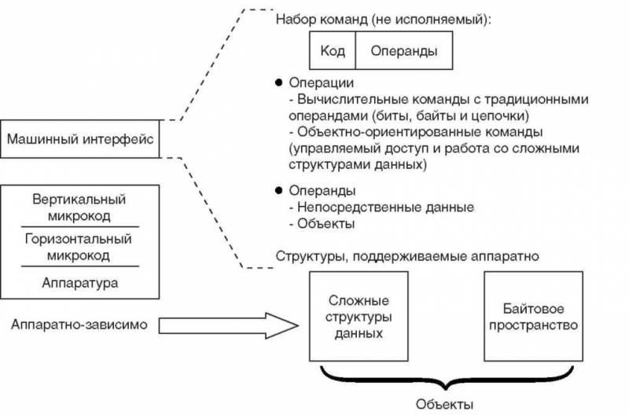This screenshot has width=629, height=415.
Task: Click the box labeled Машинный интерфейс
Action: [79, 139]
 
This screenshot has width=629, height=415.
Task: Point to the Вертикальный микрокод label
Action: [79, 207]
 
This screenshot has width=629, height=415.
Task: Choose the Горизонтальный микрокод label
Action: [79, 248]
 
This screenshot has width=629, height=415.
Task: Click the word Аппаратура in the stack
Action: [79, 281]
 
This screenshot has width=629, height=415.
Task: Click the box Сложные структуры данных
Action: [359, 317]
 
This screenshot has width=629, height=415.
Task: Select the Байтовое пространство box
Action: [533, 317]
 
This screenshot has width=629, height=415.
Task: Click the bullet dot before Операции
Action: [278, 83]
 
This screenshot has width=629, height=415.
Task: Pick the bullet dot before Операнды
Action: [278, 190]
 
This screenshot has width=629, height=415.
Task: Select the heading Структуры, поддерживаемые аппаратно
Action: [407, 257]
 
